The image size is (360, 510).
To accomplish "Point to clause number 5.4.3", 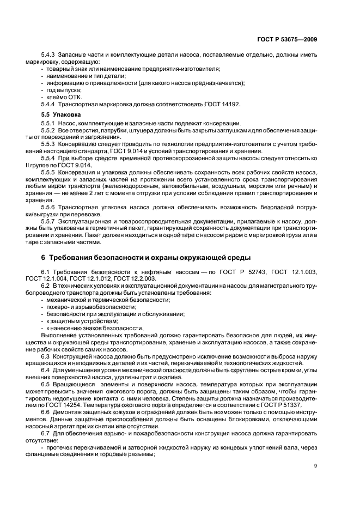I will click(49, 56).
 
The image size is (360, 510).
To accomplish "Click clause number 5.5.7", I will click(49, 221).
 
